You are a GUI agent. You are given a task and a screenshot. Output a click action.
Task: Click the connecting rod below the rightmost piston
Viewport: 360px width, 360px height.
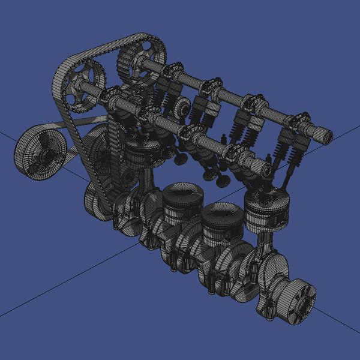265,246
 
